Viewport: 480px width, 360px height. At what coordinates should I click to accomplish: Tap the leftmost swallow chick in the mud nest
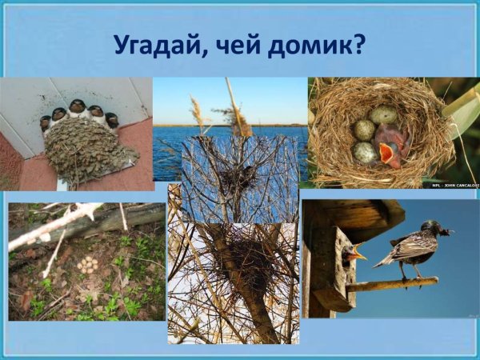pyautogui.click(x=46, y=122)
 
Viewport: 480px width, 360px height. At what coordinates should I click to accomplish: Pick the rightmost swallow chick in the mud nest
pyautogui.click(x=111, y=120)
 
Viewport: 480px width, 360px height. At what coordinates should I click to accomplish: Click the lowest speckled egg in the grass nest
pyautogui.click(x=365, y=152)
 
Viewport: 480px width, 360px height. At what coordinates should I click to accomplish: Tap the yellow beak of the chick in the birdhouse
pyautogui.click(x=359, y=256)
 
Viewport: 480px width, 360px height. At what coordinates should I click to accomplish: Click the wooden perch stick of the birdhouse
pyautogui.click(x=392, y=284)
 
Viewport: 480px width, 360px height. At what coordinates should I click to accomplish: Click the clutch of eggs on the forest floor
pyautogui.click(x=86, y=263)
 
